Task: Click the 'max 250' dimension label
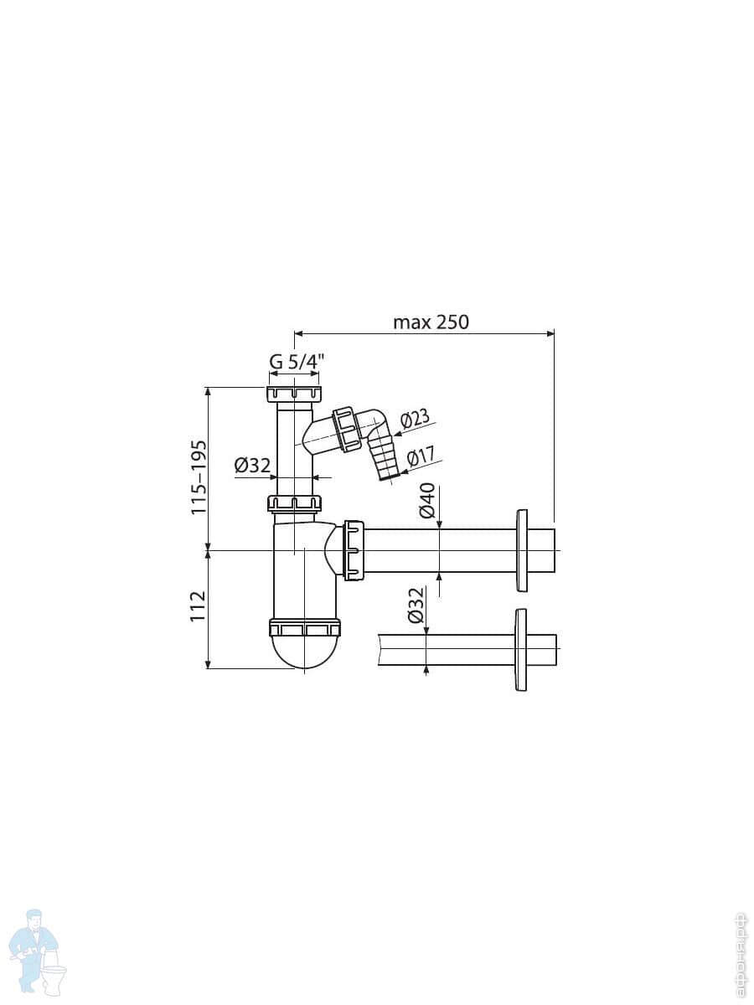pos(431,322)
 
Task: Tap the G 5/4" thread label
pos(297,362)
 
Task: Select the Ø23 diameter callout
pos(415,419)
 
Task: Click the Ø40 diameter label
pos(427,501)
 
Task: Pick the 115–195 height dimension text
pos(199,477)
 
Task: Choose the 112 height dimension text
pos(199,606)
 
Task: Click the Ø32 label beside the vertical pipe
pos(252,466)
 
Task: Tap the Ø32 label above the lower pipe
pos(416,606)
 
